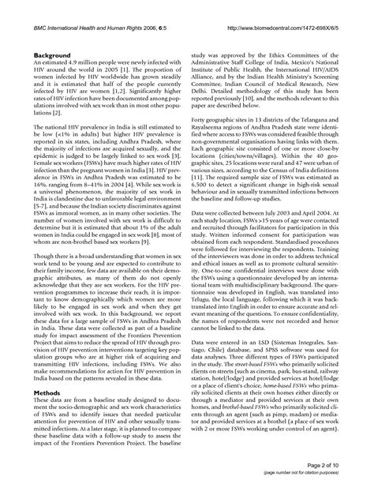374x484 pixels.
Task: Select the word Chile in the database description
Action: pyautogui.click(x=226, y=362)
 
